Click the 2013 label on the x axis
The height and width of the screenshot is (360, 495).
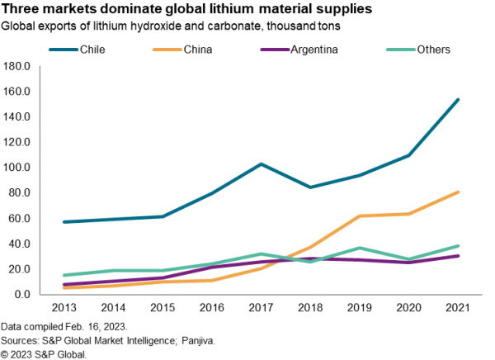point(64,309)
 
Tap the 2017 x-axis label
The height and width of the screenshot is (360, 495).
point(261,309)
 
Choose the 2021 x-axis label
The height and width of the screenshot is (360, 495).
point(458,309)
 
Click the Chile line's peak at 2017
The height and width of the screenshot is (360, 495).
point(261,163)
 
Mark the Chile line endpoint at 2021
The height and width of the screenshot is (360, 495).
point(458,100)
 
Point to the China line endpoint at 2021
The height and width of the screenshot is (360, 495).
point(458,192)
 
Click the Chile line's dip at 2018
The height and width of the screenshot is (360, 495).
point(310,187)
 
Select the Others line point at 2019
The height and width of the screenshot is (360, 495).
point(360,248)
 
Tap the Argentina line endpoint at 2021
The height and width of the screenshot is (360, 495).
point(458,256)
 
